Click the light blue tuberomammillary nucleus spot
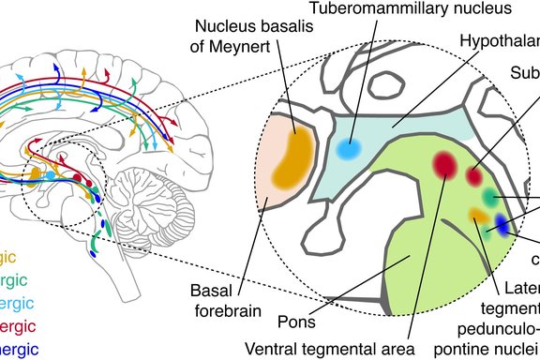(x=349, y=148)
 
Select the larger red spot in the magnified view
(x=445, y=165)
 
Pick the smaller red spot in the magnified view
(x=474, y=175)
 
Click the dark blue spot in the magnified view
(x=503, y=225)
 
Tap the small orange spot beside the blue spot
(x=479, y=217)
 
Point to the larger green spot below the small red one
(x=489, y=196)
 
